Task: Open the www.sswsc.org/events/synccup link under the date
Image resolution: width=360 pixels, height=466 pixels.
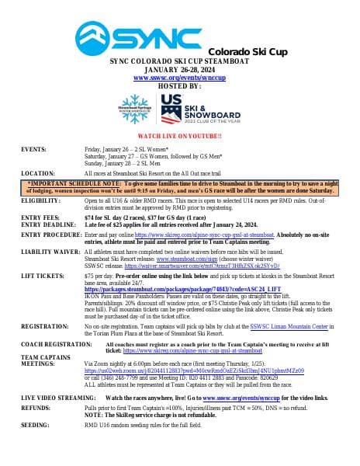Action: pyautogui.click(x=178, y=78)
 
